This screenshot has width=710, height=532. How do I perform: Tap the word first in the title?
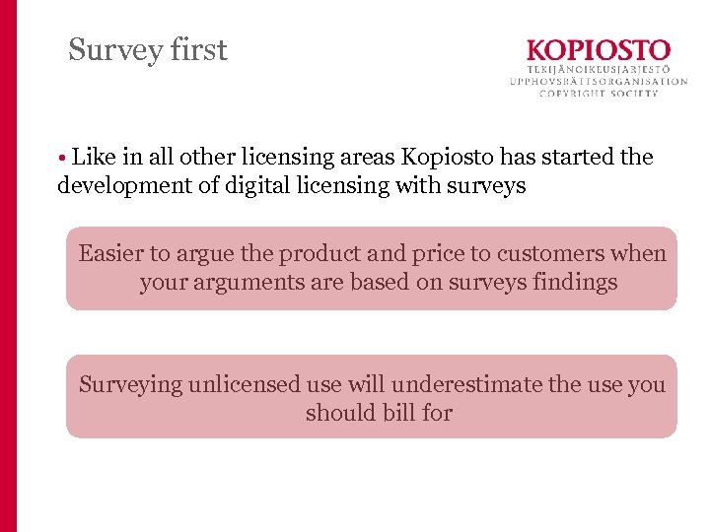pyautogui.click(x=198, y=49)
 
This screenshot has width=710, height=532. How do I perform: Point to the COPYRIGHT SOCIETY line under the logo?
pyautogui.click(x=598, y=94)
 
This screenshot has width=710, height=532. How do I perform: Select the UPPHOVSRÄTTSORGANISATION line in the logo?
pyautogui.click(x=598, y=82)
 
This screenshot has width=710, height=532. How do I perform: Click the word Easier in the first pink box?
pyautogui.click(x=110, y=254)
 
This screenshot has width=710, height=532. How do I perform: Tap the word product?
pyautogui.click(x=316, y=254)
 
